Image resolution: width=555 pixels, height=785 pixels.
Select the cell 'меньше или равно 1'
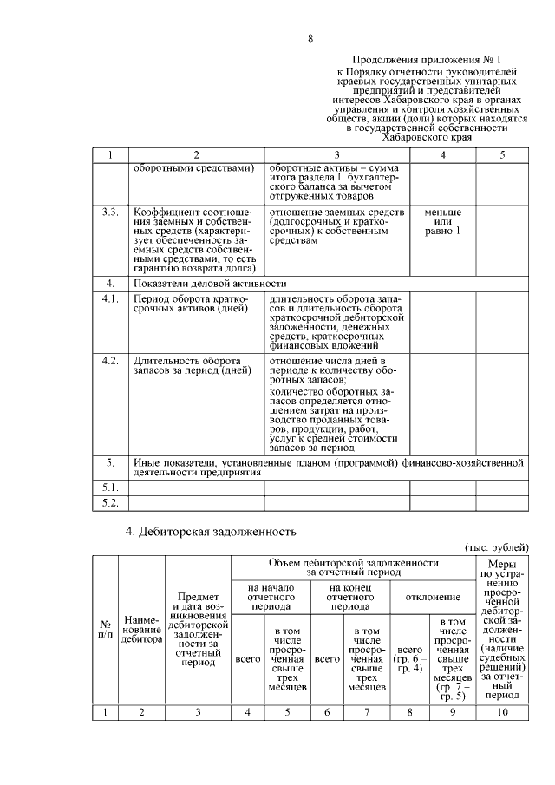coord(442,221)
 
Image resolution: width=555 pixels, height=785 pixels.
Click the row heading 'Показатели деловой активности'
coord(208,284)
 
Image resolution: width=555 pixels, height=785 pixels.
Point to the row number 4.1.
coord(110,300)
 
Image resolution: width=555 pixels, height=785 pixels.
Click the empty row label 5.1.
coord(110,487)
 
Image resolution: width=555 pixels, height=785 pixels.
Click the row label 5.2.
coord(110,503)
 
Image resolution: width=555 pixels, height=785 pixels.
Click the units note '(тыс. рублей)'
coord(498,548)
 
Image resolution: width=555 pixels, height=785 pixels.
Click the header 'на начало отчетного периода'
coord(271,597)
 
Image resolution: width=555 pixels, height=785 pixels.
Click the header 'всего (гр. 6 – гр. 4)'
coord(410,658)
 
